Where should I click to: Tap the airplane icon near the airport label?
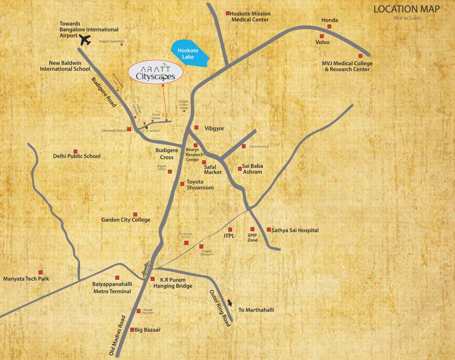tap(85, 40)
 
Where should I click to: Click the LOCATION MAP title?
tap(407, 9)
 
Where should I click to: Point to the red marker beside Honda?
tap(329, 27)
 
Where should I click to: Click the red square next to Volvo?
tap(322, 36)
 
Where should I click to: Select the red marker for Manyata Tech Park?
tap(40, 272)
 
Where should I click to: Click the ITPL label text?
tap(229, 237)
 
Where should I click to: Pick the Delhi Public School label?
tap(76, 156)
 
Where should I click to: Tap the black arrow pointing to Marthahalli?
tap(229, 302)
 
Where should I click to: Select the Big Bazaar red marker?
tap(132, 330)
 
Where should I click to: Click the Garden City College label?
tap(126, 220)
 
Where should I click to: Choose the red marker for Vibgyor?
tap(197, 127)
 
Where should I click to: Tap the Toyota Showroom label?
tap(200, 185)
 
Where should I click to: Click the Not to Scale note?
tap(407, 18)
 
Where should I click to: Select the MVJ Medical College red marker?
tap(360, 56)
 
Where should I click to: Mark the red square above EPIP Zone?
tap(252, 229)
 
